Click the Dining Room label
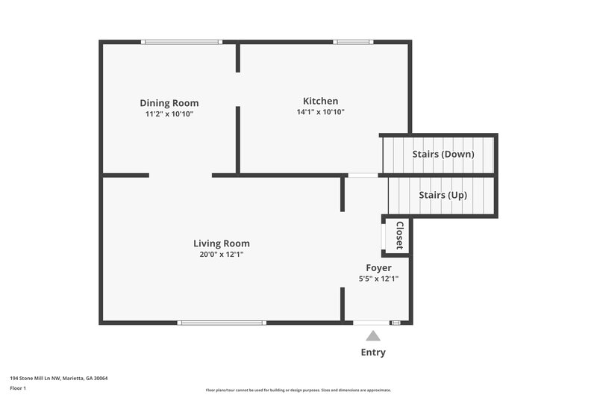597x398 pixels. [x=169, y=103]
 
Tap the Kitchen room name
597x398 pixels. [x=320, y=101]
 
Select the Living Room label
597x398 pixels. [x=221, y=243]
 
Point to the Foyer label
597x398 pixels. [x=378, y=268]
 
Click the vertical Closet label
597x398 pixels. [x=399, y=235]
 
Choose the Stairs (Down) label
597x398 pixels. [x=443, y=155]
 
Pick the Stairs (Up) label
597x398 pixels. [x=443, y=195]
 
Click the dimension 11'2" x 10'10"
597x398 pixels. [x=169, y=114]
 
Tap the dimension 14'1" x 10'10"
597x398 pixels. [x=320, y=112]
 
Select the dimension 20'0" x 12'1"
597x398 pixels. [x=221, y=255]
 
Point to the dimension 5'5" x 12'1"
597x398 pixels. [x=378, y=279]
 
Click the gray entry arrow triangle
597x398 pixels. [x=373, y=336]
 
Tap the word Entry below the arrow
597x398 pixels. [x=373, y=352]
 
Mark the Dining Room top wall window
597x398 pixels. [x=182, y=42]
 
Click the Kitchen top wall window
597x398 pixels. [x=354, y=42]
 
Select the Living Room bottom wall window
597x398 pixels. [x=222, y=323]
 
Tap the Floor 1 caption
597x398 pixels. [x=18, y=388]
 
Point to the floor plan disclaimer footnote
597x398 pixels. [x=298, y=390]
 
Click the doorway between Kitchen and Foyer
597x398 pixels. [x=363, y=175]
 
